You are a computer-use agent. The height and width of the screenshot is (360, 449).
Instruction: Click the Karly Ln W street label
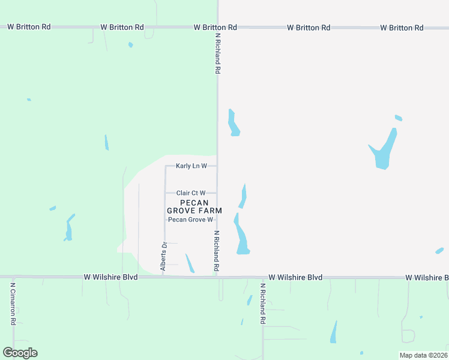click(x=191, y=166)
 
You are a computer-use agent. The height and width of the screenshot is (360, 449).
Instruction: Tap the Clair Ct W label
click(x=191, y=193)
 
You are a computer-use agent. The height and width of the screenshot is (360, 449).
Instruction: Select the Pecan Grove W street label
click(x=190, y=220)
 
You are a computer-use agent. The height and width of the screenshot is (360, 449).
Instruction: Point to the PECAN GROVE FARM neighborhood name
click(x=194, y=207)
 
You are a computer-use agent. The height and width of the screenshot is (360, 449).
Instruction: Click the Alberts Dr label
click(x=163, y=256)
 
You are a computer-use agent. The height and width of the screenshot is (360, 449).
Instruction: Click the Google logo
click(x=20, y=353)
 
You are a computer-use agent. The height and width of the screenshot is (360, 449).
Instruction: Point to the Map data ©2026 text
click(x=423, y=355)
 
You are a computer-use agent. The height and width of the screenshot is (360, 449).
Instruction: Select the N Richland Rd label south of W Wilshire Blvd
click(x=262, y=304)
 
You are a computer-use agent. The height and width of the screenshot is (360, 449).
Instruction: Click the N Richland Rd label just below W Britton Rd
click(x=218, y=53)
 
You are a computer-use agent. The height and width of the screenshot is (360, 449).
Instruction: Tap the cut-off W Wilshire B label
click(x=427, y=278)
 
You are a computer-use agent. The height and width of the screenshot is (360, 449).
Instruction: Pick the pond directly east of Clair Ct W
click(x=243, y=196)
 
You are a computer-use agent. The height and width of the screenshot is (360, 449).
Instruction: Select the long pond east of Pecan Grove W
click(x=241, y=235)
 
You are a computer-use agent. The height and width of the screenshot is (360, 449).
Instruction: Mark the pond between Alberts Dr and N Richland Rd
click(x=190, y=263)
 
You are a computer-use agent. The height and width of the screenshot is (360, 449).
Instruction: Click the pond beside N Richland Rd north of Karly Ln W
click(x=234, y=123)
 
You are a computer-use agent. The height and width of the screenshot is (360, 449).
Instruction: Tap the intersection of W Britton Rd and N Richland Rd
click(x=217, y=28)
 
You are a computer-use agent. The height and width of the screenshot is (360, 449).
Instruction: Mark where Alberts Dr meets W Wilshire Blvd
click(x=165, y=277)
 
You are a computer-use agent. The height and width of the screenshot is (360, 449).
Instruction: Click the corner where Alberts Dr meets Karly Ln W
click(x=165, y=166)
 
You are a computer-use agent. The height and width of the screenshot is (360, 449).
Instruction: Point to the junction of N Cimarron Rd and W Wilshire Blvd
click(x=13, y=277)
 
